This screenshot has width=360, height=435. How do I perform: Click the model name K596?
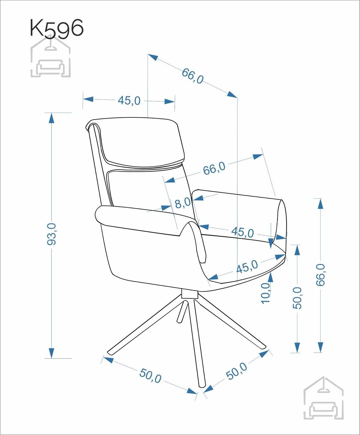[x=57, y=28]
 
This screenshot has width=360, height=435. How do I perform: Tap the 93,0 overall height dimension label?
[x=51, y=234]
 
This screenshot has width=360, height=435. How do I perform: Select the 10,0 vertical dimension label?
[x=266, y=293]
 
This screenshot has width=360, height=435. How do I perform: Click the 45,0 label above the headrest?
[x=129, y=100]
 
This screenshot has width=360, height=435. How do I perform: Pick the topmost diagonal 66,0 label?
[x=192, y=76]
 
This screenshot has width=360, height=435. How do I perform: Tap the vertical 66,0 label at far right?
[x=321, y=275]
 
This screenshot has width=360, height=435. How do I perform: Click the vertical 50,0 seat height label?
[x=297, y=298]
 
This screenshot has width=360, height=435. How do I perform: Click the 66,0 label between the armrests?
[x=214, y=168]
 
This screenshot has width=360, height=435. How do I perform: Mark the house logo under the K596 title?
[x=51, y=56]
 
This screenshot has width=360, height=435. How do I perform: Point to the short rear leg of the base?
[x=182, y=311]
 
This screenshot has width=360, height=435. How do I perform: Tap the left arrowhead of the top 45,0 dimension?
[x=88, y=99]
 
